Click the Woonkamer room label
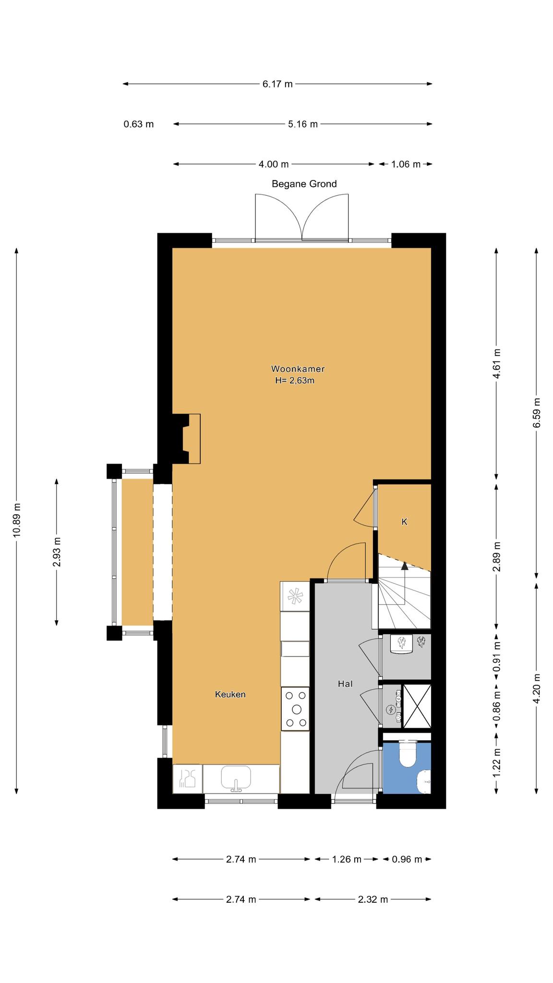click(x=298, y=369)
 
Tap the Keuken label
click(x=230, y=694)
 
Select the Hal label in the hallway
click(x=345, y=684)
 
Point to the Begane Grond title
click(x=304, y=184)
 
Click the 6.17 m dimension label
click(x=277, y=84)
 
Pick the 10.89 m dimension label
click(x=17, y=520)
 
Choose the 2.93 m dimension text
click(x=57, y=551)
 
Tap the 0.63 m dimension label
click(x=139, y=124)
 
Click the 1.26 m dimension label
click(x=347, y=859)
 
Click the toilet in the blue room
click(x=409, y=754)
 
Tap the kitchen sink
click(x=236, y=778)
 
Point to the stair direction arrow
click(x=405, y=583)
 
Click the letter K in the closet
click(x=404, y=522)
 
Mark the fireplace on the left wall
click(x=187, y=439)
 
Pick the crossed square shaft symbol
click(x=417, y=706)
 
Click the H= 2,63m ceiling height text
click(x=295, y=381)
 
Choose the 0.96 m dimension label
click(x=407, y=859)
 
